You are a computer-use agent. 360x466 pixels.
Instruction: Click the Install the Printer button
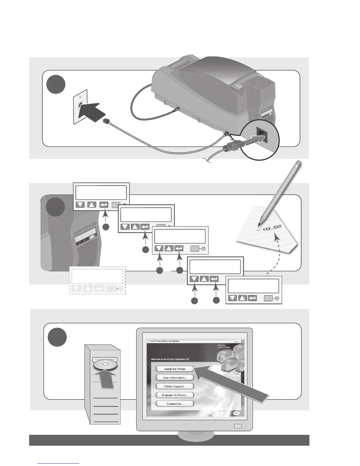tap(175, 369)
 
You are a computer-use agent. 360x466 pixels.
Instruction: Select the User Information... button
tap(175, 377)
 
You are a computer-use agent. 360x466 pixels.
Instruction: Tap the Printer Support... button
tap(175, 386)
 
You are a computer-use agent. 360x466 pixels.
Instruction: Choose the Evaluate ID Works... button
tap(175, 395)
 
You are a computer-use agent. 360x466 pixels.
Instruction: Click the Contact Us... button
tap(175, 404)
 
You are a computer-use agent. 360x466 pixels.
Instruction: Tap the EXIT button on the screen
tap(236, 413)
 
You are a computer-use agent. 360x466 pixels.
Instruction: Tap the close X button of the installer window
tap(243, 341)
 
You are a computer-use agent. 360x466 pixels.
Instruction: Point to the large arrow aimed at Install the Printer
tap(232, 382)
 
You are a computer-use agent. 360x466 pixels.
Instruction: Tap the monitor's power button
tap(239, 426)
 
